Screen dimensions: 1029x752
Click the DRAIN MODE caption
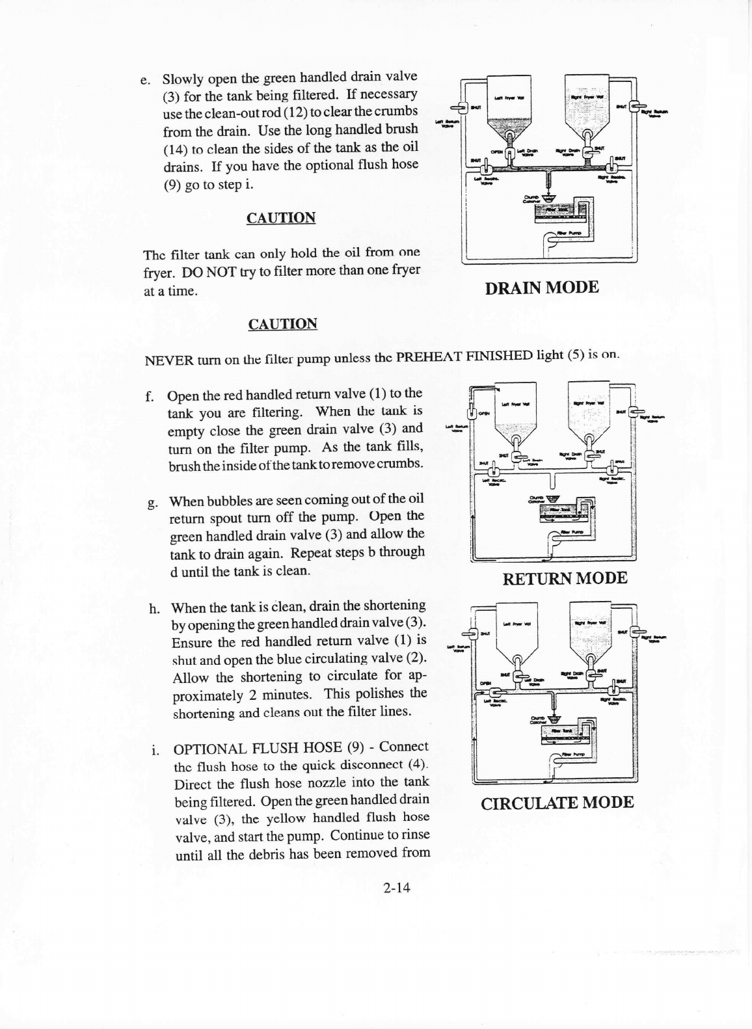[x=542, y=287]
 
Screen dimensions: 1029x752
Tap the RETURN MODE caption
[x=565, y=578]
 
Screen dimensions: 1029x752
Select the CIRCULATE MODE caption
[x=557, y=802]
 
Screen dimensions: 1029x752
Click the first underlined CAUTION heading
[x=281, y=218]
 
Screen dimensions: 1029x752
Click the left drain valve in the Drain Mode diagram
[x=511, y=154]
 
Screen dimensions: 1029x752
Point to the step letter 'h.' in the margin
[x=155, y=609]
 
